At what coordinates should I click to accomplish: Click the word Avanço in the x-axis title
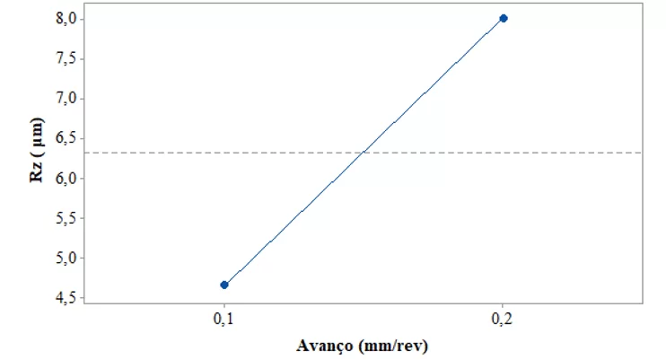[324, 345]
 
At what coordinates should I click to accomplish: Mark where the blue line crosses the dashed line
[364, 153]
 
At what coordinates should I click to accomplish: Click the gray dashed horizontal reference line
[556, 153]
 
